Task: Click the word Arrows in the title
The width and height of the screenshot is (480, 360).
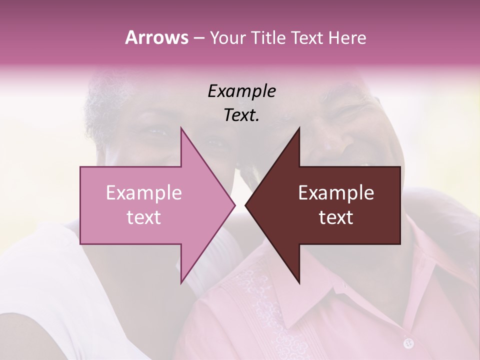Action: click(156, 37)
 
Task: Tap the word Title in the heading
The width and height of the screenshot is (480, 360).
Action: click(269, 37)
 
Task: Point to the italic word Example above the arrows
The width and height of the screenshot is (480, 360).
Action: click(241, 91)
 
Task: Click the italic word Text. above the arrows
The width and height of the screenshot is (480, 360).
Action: click(241, 115)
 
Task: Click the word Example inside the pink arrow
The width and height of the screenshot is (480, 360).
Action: click(143, 193)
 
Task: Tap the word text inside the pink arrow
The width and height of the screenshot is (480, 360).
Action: click(143, 217)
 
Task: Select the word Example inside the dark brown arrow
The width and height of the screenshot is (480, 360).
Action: click(336, 193)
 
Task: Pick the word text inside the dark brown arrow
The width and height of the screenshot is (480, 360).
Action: click(336, 217)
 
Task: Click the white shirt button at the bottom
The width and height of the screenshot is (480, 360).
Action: click(409, 343)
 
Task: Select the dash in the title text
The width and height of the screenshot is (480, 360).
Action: click(198, 38)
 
